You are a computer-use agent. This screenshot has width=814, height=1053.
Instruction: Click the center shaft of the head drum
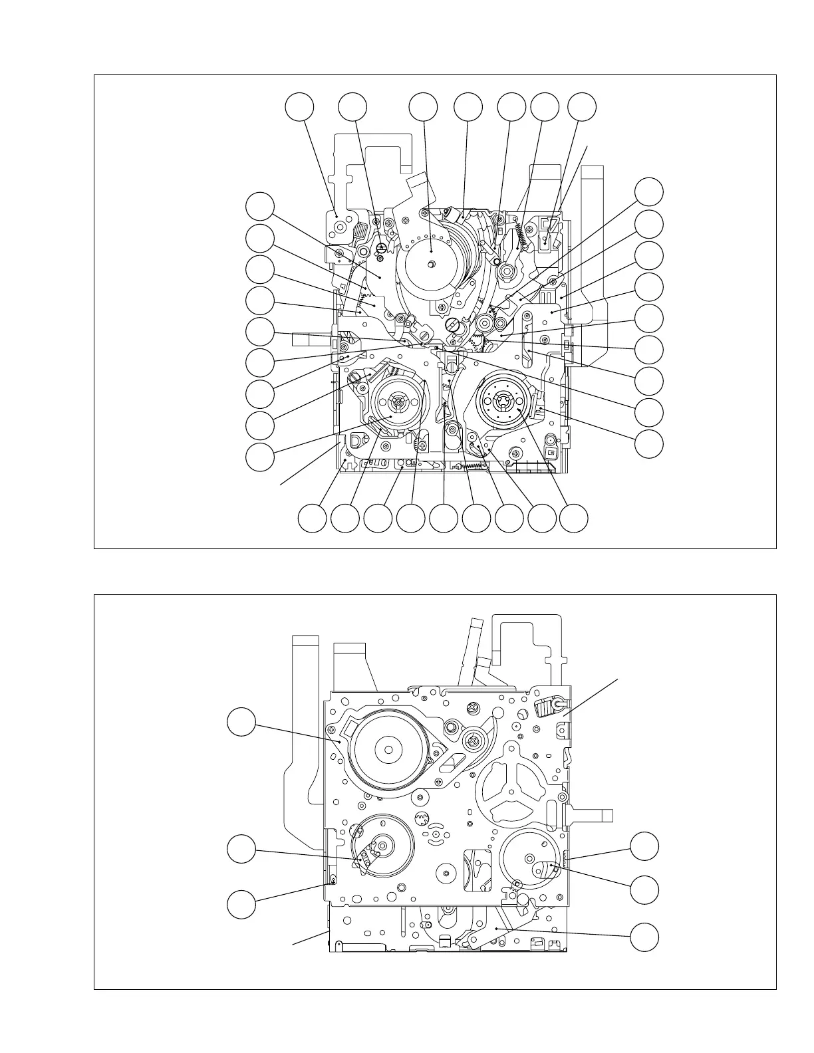click(x=432, y=264)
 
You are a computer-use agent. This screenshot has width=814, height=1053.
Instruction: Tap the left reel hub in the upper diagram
click(x=397, y=402)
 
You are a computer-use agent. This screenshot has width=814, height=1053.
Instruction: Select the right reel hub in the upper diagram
click(x=503, y=402)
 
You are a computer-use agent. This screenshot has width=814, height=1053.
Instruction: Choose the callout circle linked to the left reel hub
click(x=259, y=458)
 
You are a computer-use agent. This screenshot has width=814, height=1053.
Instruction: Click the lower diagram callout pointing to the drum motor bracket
click(x=241, y=723)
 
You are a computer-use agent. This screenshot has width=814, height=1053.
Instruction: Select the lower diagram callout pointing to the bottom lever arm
click(x=644, y=937)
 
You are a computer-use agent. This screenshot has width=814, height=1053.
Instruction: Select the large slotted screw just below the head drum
click(x=454, y=325)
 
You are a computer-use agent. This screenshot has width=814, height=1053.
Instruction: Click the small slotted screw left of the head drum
click(x=381, y=249)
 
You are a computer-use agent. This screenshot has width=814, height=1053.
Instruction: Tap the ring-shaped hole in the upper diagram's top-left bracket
click(x=340, y=227)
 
